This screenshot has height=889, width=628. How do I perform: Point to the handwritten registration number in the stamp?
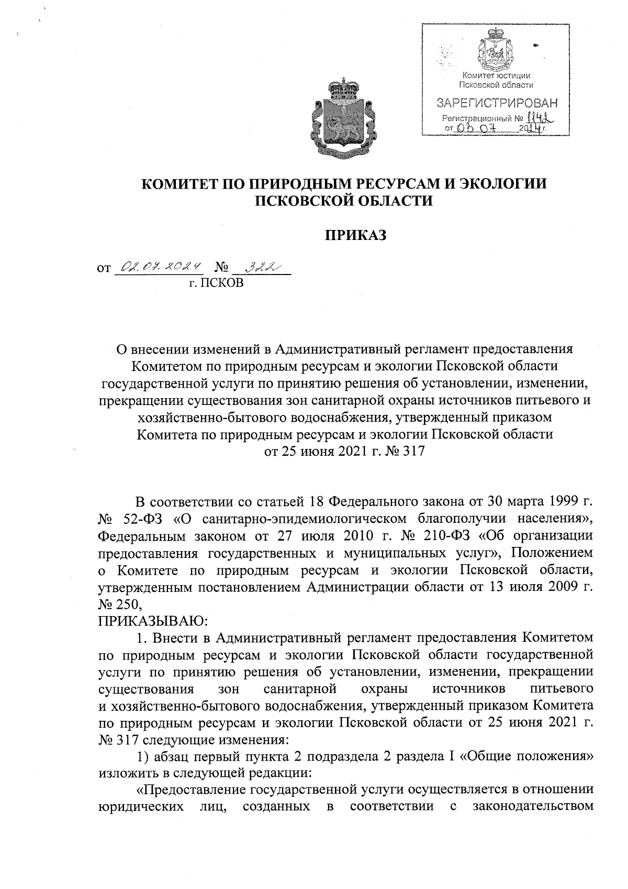point(540,118)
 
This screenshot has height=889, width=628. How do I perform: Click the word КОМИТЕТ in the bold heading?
point(182,184)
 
